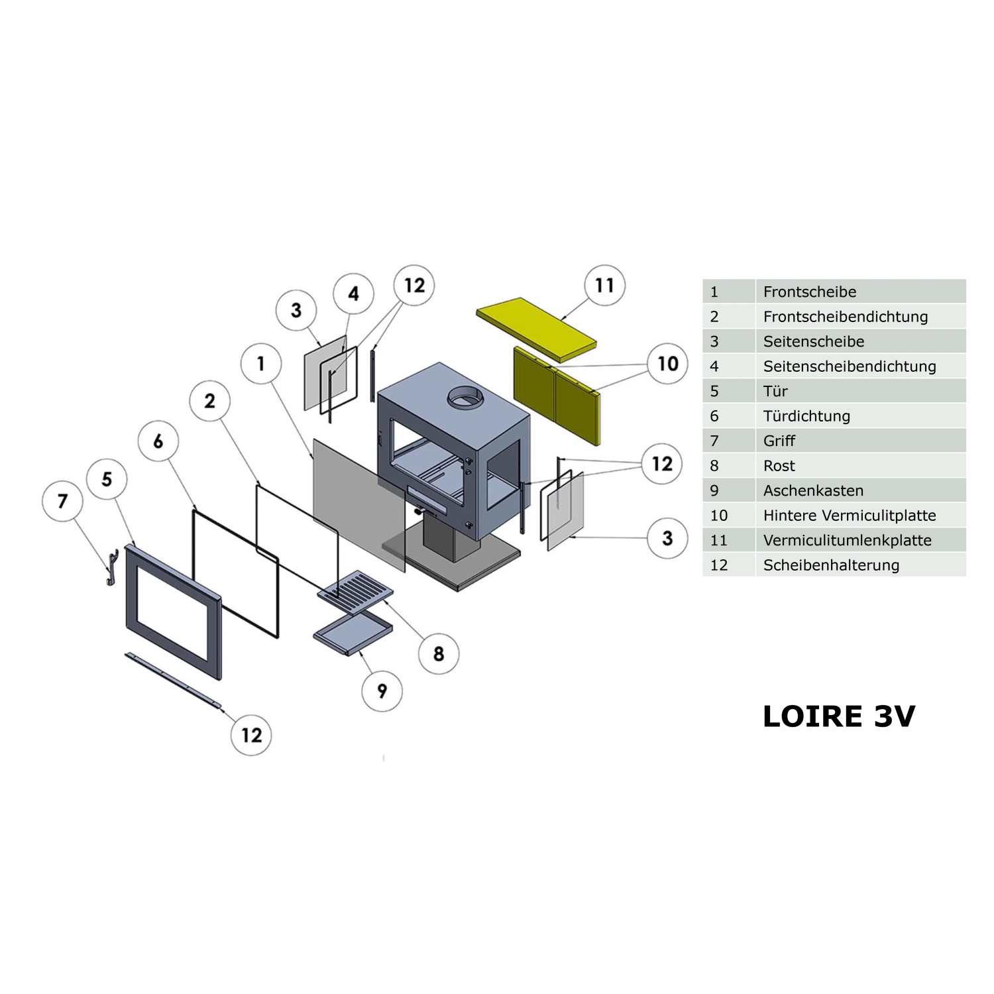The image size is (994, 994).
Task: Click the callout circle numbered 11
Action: click(x=604, y=285)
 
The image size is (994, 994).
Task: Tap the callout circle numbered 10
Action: click(x=668, y=363)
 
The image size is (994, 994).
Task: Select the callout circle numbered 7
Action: click(x=62, y=501)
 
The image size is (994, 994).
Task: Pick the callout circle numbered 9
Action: click(x=382, y=691)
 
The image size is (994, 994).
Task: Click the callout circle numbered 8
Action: click(x=439, y=654)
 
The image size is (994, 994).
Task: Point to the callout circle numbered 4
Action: click(x=353, y=294)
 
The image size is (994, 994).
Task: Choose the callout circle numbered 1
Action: click(x=261, y=363)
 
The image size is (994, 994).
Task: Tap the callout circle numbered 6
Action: click(x=158, y=441)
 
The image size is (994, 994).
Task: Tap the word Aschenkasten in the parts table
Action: click(x=813, y=490)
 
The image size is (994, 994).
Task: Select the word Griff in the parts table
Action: click(x=779, y=441)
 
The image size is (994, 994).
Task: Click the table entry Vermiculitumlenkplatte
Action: click(x=847, y=540)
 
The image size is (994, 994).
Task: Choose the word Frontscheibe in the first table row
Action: click(x=809, y=292)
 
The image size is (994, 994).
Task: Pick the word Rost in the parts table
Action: click(x=779, y=466)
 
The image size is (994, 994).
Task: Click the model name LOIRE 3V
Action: click(x=839, y=716)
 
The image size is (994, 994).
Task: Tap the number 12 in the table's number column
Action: click(x=718, y=565)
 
